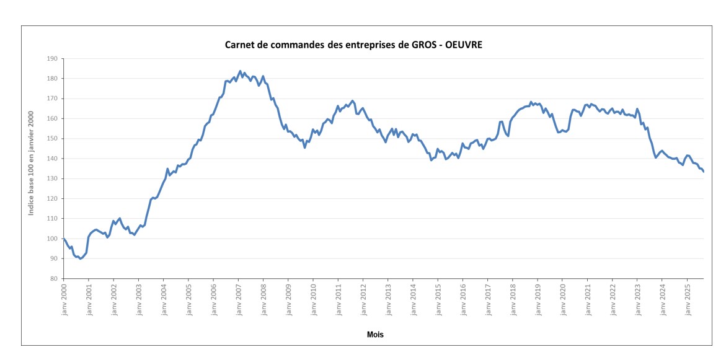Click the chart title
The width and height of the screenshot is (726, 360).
353,45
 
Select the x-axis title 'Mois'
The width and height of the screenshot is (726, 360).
374,335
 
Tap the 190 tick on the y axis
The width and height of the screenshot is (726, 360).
51,59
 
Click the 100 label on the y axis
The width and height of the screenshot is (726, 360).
51,239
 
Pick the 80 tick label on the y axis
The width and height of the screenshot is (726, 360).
53,279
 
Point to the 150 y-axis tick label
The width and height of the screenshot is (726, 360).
51,139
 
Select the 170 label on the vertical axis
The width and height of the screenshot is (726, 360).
51,99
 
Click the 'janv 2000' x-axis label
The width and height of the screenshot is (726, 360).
64,300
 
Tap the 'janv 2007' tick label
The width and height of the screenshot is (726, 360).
239,300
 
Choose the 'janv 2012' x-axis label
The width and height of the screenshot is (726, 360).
364,300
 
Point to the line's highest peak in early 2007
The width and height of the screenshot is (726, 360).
240,71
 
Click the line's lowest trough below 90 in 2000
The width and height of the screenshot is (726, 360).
81,258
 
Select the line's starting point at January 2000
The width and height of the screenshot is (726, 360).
64,239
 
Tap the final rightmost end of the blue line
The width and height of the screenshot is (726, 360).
704,172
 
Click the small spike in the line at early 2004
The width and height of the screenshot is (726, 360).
167,169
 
